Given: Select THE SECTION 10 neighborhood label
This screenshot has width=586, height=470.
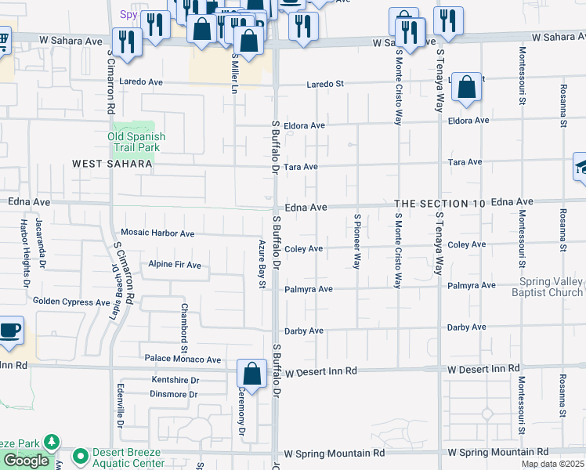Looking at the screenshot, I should coord(439,203).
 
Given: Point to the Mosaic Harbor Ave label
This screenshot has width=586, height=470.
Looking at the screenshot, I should coord(157,233).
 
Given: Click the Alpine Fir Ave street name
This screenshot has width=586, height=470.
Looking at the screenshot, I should coord(175,265).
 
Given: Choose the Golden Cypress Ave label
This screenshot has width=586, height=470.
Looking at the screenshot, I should coord(71,302).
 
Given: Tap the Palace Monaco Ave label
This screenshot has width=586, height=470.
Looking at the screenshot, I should coord(183,360).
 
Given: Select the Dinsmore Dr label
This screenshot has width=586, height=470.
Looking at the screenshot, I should coord(173,394).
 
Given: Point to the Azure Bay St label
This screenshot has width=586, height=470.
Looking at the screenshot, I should coord(263,264).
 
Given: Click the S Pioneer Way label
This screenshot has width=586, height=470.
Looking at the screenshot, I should coord(356,241).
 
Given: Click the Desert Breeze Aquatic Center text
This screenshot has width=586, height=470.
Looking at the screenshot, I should coord(129,457).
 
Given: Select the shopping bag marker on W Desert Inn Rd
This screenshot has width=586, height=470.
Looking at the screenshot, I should coord(252,374).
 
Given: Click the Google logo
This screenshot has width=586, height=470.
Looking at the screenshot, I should coord(26,461).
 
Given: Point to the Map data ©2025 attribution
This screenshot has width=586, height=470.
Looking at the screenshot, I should coord(552,464).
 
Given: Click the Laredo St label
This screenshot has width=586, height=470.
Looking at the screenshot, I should coord(325,84).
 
